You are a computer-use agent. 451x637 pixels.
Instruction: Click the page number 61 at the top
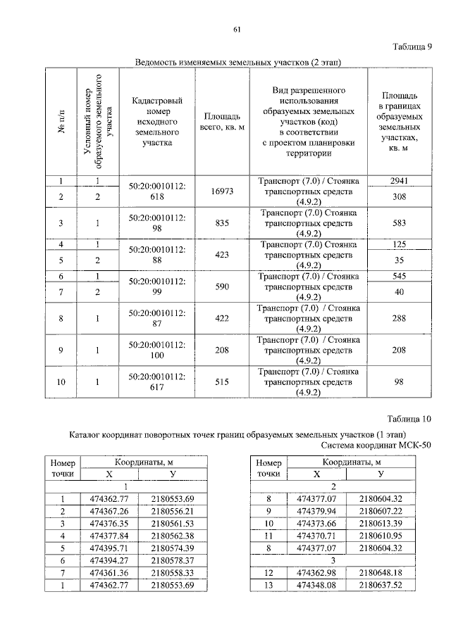click(237, 29)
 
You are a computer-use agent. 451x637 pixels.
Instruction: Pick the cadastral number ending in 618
click(157, 191)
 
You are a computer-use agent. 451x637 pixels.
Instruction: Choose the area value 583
click(398, 223)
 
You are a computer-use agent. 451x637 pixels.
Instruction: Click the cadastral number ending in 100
click(157, 350)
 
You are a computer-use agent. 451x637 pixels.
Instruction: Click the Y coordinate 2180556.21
click(172, 511)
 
